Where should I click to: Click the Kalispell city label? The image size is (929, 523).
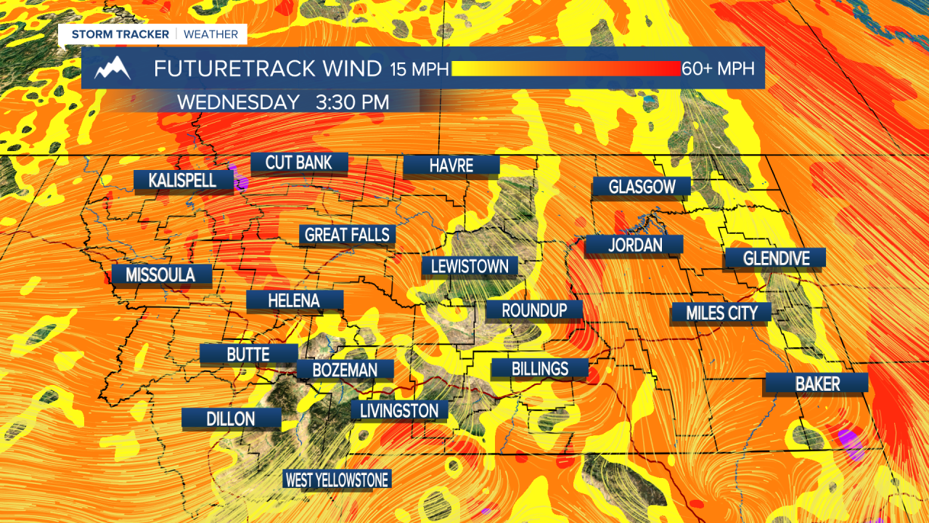[x=182, y=180]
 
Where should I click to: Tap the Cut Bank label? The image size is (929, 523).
[x=299, y=163]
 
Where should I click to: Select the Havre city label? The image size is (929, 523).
[x=451, y=166]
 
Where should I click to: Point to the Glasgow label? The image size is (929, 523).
[x=642, y=187]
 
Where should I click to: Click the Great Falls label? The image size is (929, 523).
[x=347, y=235]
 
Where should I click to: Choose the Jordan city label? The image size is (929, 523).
[x=634, y=246]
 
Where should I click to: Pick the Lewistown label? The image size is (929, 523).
[x=470, y=267]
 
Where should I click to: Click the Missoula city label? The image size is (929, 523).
[x=160, y=275]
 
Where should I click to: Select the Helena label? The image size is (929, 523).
[x=293, y=300]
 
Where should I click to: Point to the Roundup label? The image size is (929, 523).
[x=534, y=310]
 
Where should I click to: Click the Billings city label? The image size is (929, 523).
[x=539, y=368]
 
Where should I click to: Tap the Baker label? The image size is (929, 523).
[x=817, y=384]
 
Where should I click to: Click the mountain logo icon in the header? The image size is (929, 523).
[x=112, y=68]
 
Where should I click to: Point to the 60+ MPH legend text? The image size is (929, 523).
[x=719, y=69]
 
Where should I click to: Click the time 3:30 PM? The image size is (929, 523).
[x=352, y=102]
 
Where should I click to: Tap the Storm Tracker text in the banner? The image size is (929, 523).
[x=120, y=34]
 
